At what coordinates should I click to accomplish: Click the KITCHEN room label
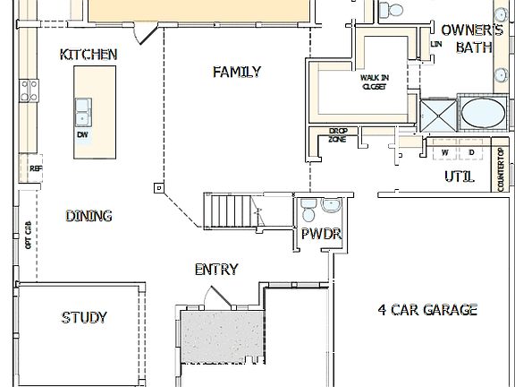[x=88, y=55]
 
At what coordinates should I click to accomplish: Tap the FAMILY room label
[x=237, y=72]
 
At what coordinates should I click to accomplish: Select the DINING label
[x=89, y=216]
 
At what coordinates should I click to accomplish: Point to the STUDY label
[x=84, y=317]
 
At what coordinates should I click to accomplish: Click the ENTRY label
[x=216, y=270]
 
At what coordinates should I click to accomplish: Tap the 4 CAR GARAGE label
[x=426, y=310]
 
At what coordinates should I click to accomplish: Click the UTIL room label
[x=459, y=176]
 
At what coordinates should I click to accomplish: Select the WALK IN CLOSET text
[x=375, y=82]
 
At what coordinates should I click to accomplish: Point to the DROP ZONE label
[x=338, y=135]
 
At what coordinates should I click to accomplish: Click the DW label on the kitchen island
[x=82, y=134]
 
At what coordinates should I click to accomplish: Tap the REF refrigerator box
[x=36, y=168]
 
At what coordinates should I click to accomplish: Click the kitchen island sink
[x=84, y=112]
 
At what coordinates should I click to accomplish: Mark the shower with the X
[x=439, y=115]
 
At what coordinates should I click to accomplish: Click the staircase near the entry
[x=231, y=212]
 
